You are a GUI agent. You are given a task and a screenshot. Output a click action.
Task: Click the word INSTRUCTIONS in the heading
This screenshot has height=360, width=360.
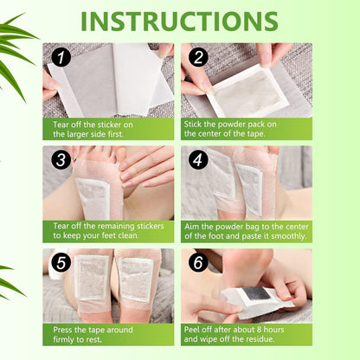[180, 21]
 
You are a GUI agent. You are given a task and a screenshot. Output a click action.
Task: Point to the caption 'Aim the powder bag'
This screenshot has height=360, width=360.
[246, 231]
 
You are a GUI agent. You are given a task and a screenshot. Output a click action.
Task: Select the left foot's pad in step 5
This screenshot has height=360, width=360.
[90, 280]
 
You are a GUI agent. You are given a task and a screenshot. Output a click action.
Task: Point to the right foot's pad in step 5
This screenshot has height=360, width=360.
[133, 279]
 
